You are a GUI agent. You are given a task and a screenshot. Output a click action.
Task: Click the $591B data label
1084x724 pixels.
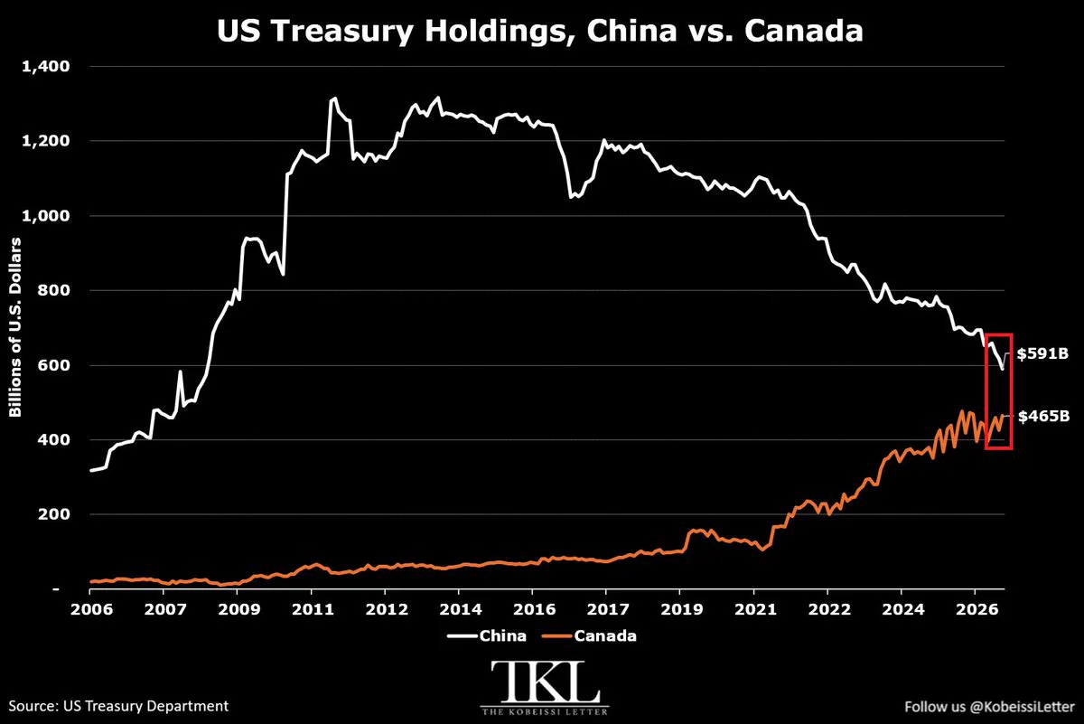[1042, 353]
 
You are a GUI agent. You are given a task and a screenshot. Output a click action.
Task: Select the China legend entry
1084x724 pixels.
[487, 635]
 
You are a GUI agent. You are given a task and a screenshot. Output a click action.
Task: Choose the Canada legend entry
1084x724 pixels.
[589, 635]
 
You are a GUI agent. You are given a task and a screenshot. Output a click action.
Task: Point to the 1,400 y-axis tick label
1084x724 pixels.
[46, 66]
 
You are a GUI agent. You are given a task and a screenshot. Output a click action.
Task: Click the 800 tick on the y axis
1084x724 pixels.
[53, 290]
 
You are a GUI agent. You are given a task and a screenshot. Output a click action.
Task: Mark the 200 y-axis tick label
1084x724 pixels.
[53, 514]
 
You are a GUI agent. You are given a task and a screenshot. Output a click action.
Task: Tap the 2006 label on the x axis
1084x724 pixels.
[91, 609]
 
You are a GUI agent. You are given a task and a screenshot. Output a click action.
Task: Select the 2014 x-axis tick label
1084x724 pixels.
[460, 609]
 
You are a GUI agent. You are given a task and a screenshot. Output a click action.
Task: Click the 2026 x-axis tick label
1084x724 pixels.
[977, 609]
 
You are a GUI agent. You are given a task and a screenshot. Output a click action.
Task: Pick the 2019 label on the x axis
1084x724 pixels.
[682, 609]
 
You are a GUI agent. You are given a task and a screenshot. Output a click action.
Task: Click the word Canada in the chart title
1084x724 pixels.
[804, 31]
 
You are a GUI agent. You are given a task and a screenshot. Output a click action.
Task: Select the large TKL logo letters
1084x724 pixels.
[545, 682]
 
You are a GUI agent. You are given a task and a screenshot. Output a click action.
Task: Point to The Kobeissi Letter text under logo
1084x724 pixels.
[545, 711]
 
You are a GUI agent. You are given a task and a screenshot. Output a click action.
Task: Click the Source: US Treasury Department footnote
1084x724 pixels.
[118, 706]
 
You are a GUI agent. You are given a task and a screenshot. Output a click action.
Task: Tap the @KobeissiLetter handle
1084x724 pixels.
[1022, 707]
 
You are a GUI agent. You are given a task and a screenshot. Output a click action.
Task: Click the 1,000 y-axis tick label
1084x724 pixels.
[46, 215]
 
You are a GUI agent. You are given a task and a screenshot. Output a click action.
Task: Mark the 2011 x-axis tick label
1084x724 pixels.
[313, 609]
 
